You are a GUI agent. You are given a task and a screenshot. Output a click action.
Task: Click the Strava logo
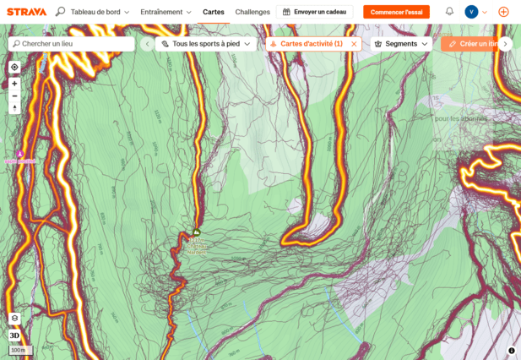coord(26,12)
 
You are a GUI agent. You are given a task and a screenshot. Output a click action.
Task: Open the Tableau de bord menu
coord(100,12)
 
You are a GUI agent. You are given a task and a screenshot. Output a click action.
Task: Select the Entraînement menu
coord(166,12)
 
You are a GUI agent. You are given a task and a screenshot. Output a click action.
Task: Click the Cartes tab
coord(214,12)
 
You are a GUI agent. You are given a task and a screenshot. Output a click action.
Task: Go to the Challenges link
coord(252,12)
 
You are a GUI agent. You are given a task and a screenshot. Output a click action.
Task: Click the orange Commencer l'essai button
coord(396,12)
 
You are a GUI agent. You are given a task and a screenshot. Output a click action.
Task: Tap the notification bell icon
coord(449,12)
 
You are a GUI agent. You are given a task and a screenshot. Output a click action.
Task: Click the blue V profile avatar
coord(471,12)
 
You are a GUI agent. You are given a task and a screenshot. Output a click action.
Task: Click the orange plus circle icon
coord(503,12)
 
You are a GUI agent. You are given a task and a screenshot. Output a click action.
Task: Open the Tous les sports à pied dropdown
coord(206,44)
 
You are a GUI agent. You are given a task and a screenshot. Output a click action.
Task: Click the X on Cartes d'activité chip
coord(354,44)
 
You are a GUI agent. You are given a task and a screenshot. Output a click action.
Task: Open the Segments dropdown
coord(401,44)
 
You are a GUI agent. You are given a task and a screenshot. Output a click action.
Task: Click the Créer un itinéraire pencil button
coord(469,44)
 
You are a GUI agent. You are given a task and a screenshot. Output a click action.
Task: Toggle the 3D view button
coord(14,335)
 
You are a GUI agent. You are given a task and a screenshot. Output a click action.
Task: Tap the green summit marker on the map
coord(196,232)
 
